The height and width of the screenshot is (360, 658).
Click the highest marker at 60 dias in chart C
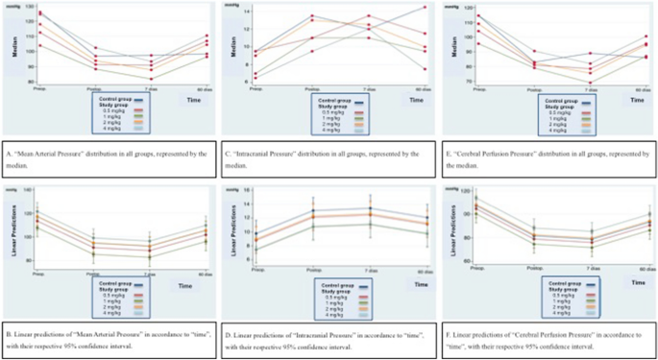pos(425,8)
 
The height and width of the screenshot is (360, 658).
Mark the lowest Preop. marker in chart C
pos(256,78)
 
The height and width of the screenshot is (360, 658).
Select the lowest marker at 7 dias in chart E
pos(591,82)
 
